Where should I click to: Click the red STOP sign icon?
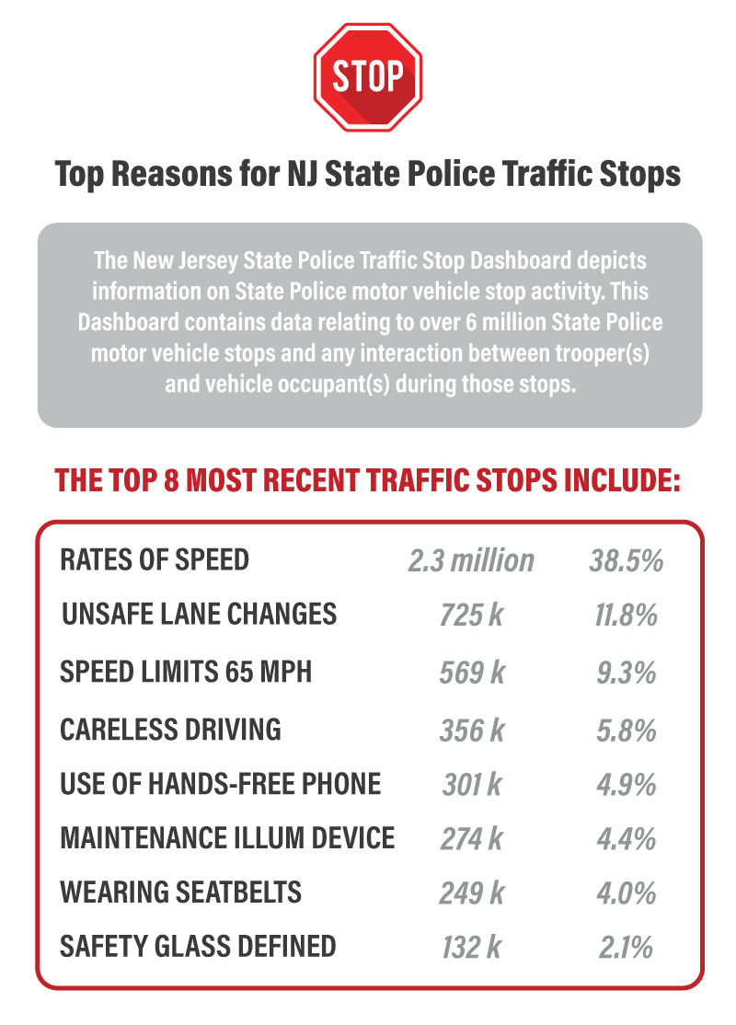(367, 77)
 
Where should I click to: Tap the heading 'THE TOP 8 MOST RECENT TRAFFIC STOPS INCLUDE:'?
(368, 480)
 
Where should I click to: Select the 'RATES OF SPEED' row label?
(155, 559)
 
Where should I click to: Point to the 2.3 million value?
(471, 560)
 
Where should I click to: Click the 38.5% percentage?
(626, 560)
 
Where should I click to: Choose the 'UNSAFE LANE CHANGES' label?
(199, 615)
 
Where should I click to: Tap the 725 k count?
(471, 616)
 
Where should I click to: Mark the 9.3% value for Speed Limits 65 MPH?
(626, 673)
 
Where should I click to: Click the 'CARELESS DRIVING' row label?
(170, 729)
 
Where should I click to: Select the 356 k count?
(471, 730)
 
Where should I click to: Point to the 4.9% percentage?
(626, 785)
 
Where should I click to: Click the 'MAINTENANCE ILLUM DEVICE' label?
(227, 838)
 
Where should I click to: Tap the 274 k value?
(471, 839)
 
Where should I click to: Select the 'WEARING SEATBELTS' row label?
(180, 892)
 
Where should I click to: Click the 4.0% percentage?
(626, 893)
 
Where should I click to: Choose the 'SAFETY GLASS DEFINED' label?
(198, 945)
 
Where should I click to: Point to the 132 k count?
(471, 947)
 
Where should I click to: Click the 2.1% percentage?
(626, 947)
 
